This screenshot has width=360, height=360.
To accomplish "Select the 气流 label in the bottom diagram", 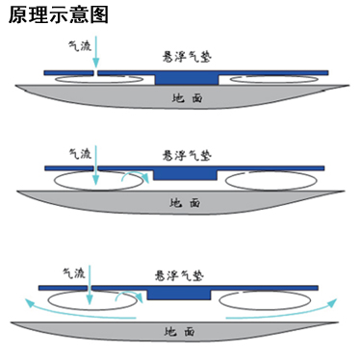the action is [74, 272].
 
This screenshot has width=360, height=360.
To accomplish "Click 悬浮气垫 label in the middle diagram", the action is [184, 154].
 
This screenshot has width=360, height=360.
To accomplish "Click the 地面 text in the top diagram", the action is [184, 97].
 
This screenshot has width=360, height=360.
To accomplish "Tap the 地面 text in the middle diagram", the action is [184, 203].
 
